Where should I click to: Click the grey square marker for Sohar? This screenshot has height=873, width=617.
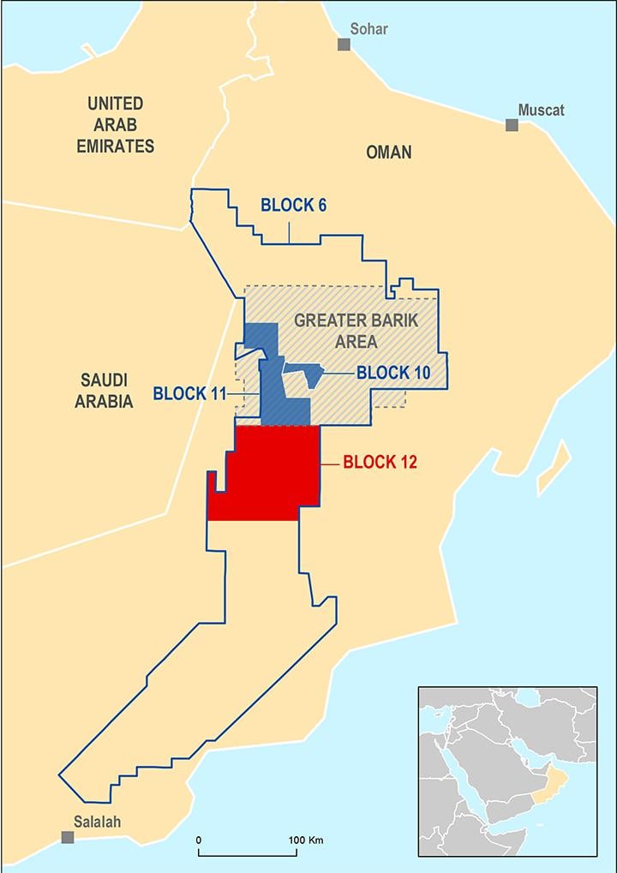(344, 45)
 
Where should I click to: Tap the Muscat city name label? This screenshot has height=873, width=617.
(541, 111)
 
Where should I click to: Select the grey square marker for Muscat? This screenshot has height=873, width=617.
(512, 125)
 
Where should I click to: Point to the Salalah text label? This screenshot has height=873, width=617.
(97, 822)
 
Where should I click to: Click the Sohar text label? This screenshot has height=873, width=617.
(368, 29)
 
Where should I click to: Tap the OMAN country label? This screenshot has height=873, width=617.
(388, 152)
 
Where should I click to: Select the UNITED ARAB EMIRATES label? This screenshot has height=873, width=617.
(116, 124)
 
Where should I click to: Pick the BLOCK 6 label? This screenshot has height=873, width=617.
(293, 206)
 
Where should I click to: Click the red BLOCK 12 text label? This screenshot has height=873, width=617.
(380, 463)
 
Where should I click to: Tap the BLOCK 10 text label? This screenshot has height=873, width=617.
(393, 373)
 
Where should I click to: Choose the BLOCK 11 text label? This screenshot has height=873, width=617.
(189, 394)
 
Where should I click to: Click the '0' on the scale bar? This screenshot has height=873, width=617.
(199, 840)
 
